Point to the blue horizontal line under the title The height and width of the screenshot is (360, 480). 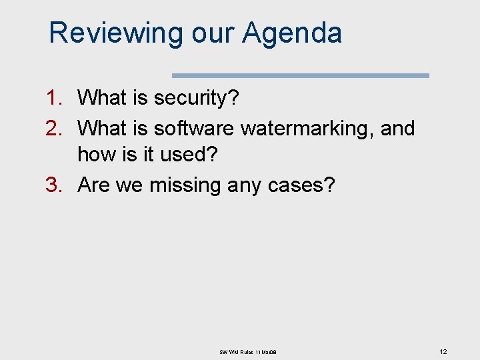point(301,75)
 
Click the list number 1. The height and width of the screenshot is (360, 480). point(53,98)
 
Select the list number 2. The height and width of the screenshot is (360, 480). point(53,127)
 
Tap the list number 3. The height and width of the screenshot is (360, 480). point(53,185)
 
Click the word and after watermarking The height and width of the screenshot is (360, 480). point(397,127)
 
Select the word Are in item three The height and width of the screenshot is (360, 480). point(94,185)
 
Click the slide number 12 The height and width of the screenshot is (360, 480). point(443,351)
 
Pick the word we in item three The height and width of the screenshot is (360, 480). point(129,185)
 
